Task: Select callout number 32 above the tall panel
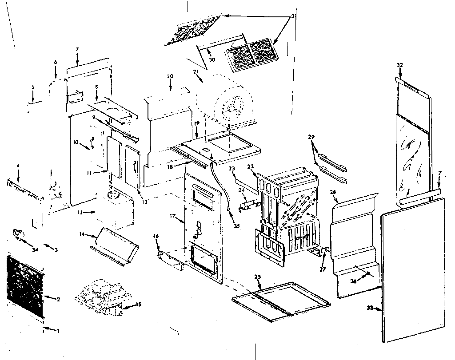click(399, 65)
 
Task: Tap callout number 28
click(334, 191)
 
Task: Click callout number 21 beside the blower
click(196, 72)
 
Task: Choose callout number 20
click(169, 76)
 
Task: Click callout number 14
click(82, 233)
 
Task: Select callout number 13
click(80, 212)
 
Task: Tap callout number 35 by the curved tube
click(236, 225)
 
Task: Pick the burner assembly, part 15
click(100, 295)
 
